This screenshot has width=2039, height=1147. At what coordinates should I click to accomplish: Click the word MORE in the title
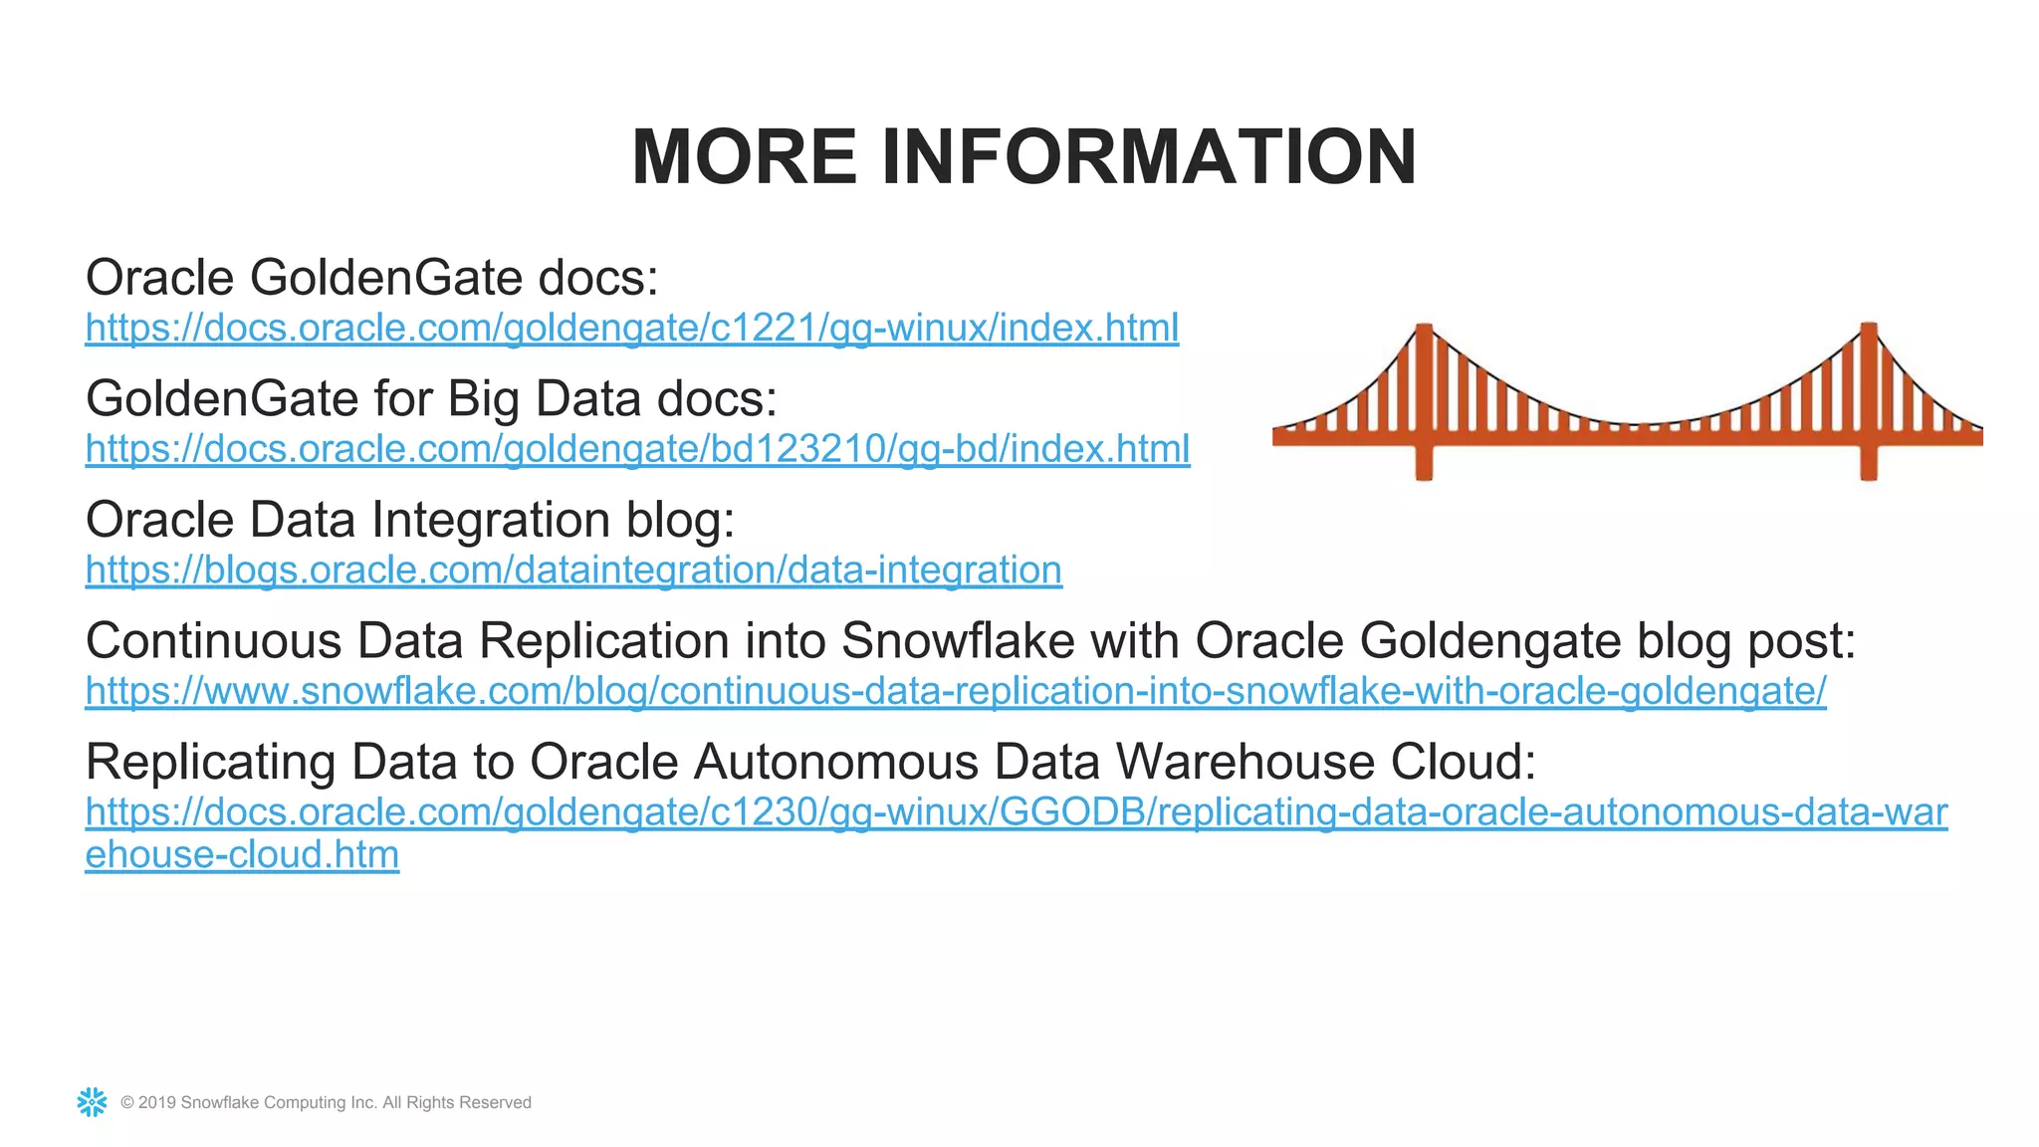[744, 157]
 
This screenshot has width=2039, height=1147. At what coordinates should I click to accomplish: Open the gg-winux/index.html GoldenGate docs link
[632, 328]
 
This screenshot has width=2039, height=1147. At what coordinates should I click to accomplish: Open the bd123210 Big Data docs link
[637, 449]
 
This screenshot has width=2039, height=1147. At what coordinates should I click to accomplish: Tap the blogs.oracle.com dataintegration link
[573, 571]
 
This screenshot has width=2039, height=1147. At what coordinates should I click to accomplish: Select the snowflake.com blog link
[956, 691]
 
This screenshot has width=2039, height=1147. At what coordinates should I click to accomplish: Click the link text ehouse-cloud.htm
[242, 855]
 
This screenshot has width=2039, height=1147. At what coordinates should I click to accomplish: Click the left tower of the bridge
[1424, 398]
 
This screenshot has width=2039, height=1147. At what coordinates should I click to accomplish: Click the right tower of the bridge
[1869, 398]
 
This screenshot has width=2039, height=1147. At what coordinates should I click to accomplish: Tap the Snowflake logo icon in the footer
[92, 1102]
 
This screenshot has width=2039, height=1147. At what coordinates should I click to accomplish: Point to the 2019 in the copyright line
[157, 1103]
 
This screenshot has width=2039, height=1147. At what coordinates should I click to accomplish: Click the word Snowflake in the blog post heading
[958, 640]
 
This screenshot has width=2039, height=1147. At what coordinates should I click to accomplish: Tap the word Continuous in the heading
[213, 640]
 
